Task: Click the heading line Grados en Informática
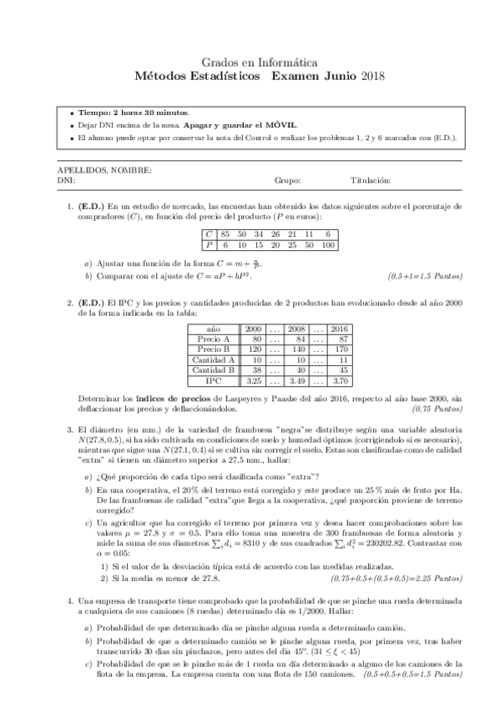pyautogui.click(x=249, y=62)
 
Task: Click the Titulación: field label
pyautogui.click(x=371, y=180)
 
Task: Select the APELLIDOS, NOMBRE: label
pyautogui.click(x=104, y=170)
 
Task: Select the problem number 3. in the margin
pyautogui.click(x=71, y=430)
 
